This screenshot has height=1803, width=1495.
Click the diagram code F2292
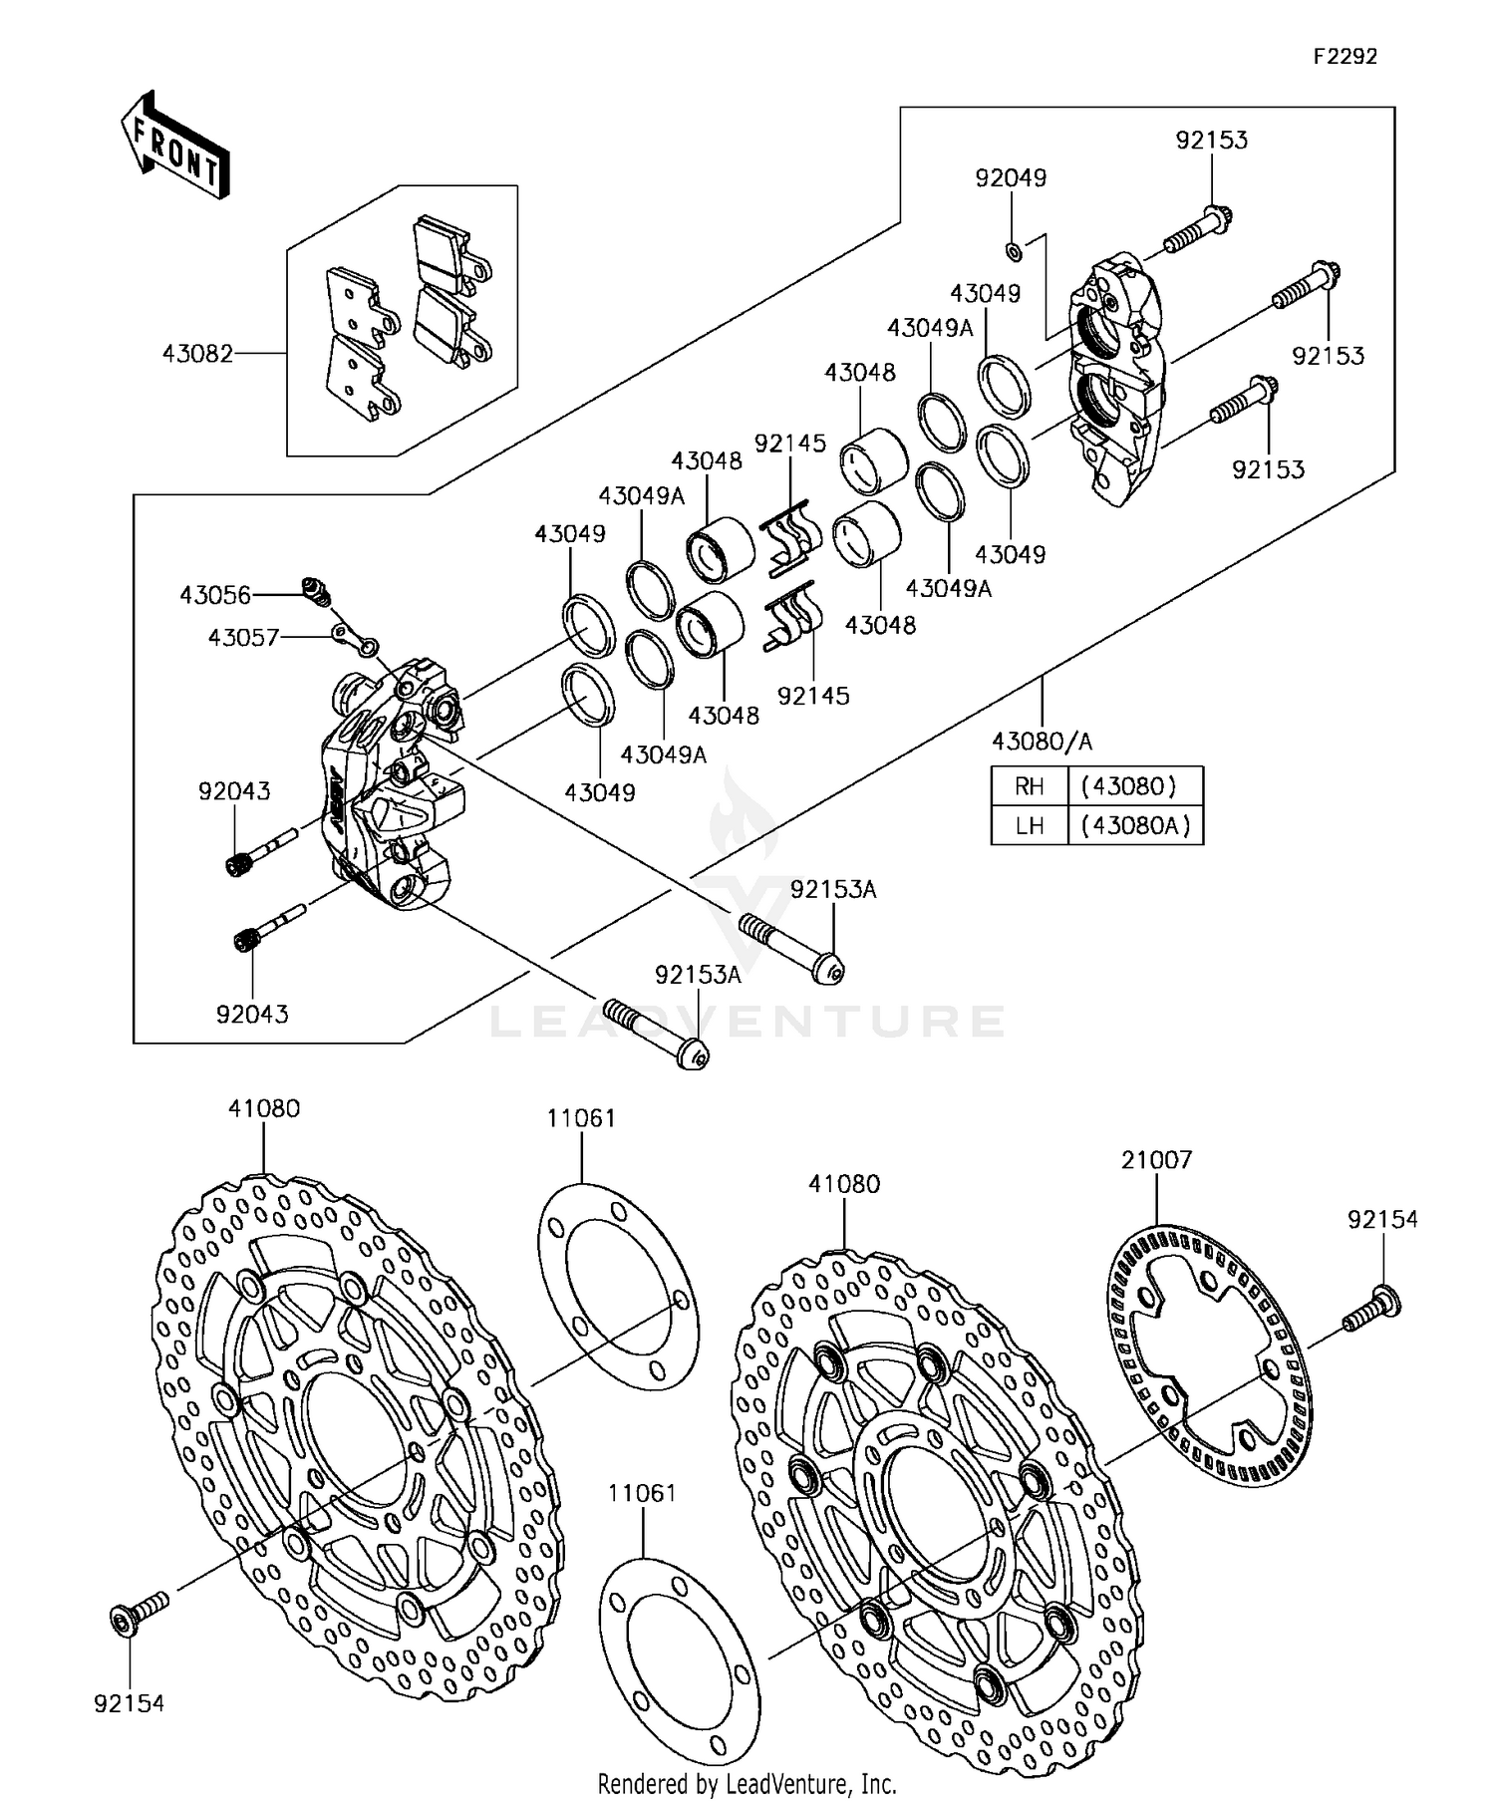coord(1344,57)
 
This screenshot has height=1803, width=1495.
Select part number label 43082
coord(197,354)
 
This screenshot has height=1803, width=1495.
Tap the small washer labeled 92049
coord(1012,247)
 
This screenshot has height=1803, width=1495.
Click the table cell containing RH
coord(1029,786)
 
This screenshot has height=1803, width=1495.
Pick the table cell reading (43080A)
coord(1134,825)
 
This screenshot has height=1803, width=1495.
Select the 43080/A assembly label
coord(1042,741)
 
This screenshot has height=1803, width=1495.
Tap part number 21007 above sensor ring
coord(1156,1160)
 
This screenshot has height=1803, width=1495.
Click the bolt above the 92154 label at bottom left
coord(138,1615)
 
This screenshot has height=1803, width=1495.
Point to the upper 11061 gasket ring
coord(618,1286)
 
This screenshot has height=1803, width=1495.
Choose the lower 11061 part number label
coord(643,1493)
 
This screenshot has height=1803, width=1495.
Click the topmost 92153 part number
coord(1211,141)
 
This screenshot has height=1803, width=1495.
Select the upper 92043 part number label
coord(234,791)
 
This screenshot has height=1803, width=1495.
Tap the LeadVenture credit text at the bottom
coord(747,1784)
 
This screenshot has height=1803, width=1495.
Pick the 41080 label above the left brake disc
coord(264,1108)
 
